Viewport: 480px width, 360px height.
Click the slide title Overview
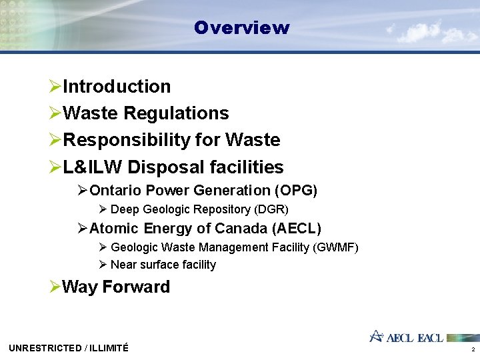click(x=241, y=28)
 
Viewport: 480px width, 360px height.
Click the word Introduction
click(x=116, y=87)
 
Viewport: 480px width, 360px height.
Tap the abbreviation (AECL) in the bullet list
click(x=297, y=229)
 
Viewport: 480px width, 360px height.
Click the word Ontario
click(x=114, y=191)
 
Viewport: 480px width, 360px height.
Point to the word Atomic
click(x=112, y=229)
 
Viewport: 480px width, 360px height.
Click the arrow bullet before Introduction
click(x=55, y=87)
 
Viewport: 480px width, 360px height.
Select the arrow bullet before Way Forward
click(x=55, y=287)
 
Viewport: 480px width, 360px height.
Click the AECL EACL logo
click(x=407, y=337)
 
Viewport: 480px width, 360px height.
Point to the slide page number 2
click(x=473, y=349)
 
